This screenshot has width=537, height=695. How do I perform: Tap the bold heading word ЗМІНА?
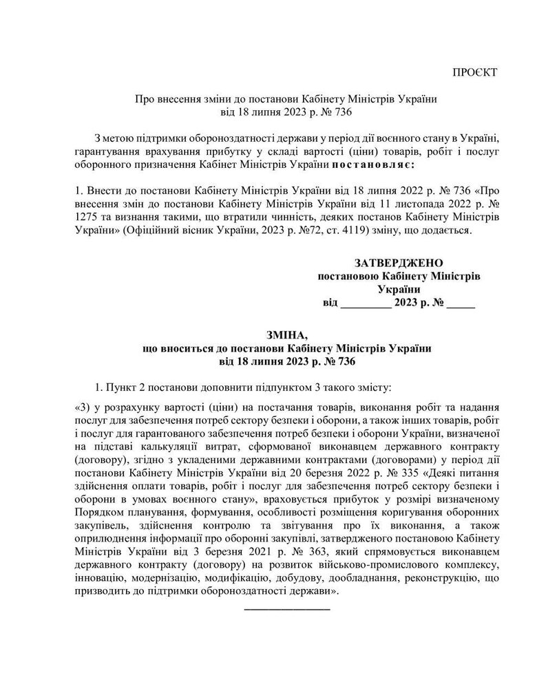[x=285, y=335]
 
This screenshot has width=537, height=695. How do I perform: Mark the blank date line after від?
[x=366, y=303]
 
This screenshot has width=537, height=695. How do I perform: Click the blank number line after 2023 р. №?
[x=461, y=303]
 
